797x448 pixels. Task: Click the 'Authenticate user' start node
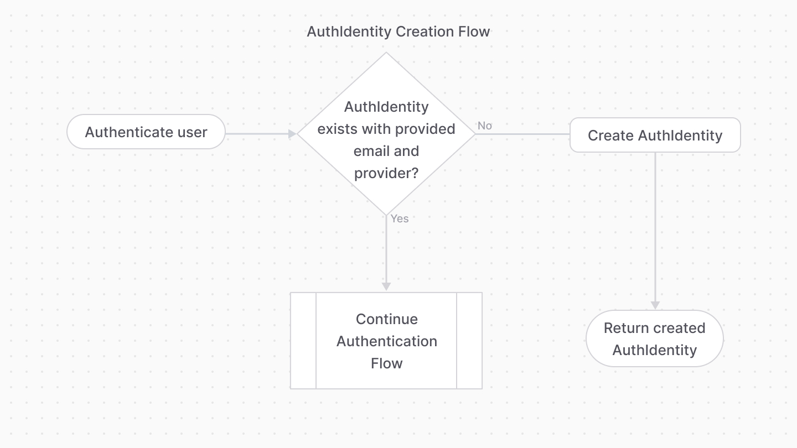pos(146,132)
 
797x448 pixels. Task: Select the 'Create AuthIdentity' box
pos(655,135)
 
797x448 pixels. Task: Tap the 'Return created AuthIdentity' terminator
pos(654,338)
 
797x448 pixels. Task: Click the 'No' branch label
pos(485,126)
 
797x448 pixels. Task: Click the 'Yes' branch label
pos(400,218)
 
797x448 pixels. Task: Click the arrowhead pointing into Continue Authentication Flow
pos(386,286)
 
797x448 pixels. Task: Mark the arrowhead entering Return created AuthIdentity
pos(655,305)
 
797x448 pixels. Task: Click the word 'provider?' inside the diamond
pos(386,173)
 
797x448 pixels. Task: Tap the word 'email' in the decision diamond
pos(371,151)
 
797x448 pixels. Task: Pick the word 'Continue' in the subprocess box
pos(386,319)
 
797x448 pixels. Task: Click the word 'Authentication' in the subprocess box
pos(386,341)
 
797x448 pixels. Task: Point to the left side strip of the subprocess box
pos(303,341)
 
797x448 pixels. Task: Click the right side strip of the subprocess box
pos(469,341)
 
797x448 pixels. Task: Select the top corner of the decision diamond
pos(386,54)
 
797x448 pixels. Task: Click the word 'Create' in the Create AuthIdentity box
pos(610,136)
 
